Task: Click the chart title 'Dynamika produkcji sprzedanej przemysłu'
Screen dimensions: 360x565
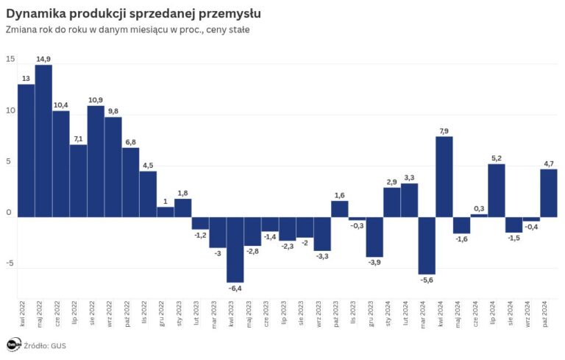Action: pos(132,14)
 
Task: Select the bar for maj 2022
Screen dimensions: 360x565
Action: pos(43,141)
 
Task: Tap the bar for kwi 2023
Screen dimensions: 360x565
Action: pos(235,250)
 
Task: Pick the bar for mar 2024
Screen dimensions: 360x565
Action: pos(427,245)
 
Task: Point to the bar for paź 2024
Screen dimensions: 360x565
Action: pos(549,193)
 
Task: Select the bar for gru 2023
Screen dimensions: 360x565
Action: pos(374,236)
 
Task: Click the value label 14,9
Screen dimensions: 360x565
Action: pos(43,59)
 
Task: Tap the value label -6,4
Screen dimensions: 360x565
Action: pos(235,289)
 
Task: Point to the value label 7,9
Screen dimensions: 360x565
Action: pos(444,130)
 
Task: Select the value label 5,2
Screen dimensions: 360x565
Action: pos(497,158)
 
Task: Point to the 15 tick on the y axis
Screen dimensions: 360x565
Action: pos(10,60)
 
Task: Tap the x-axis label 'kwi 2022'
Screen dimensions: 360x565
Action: pos(26,314)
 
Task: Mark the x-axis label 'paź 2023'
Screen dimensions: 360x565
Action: pos(340,314)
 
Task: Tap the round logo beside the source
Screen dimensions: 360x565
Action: pos(13,345)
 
